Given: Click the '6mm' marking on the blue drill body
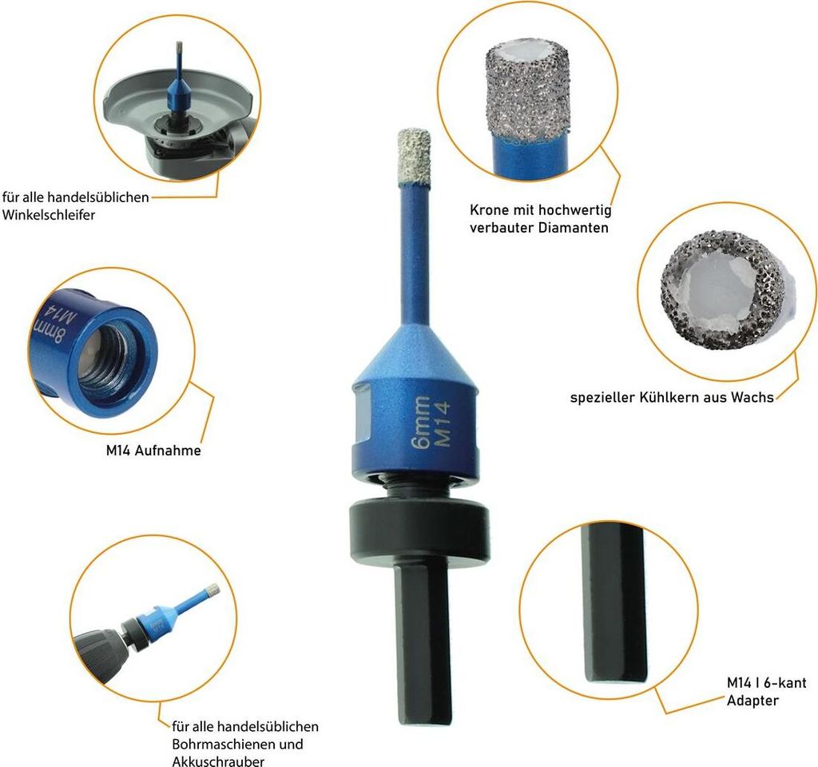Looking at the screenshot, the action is [x=421, y=422].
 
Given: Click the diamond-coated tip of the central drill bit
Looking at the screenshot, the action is [x=414, y=157].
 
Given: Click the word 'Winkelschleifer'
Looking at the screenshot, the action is [x=49, y=215].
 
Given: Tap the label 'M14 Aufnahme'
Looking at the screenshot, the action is [x=153, y=451].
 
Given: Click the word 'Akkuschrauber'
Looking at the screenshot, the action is [x=218, y=761].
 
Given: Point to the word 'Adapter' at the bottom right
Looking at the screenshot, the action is [x=752, y=701].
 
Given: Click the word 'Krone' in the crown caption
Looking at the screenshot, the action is [x=489, y=210].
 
